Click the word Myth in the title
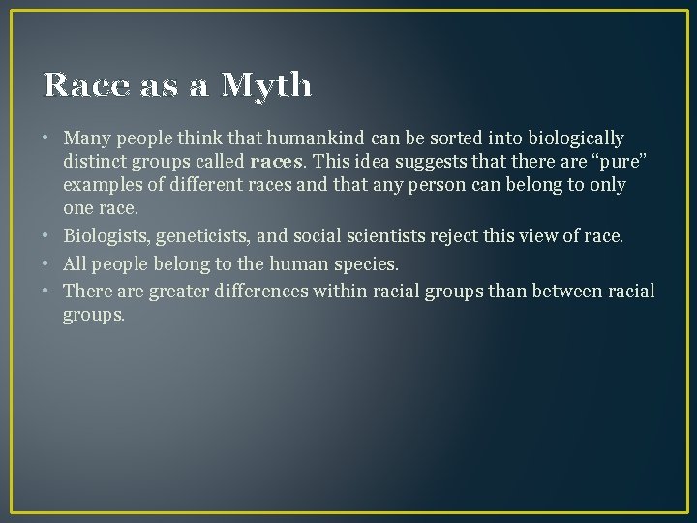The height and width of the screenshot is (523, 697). pyautogui.click(x=266, y=87)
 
